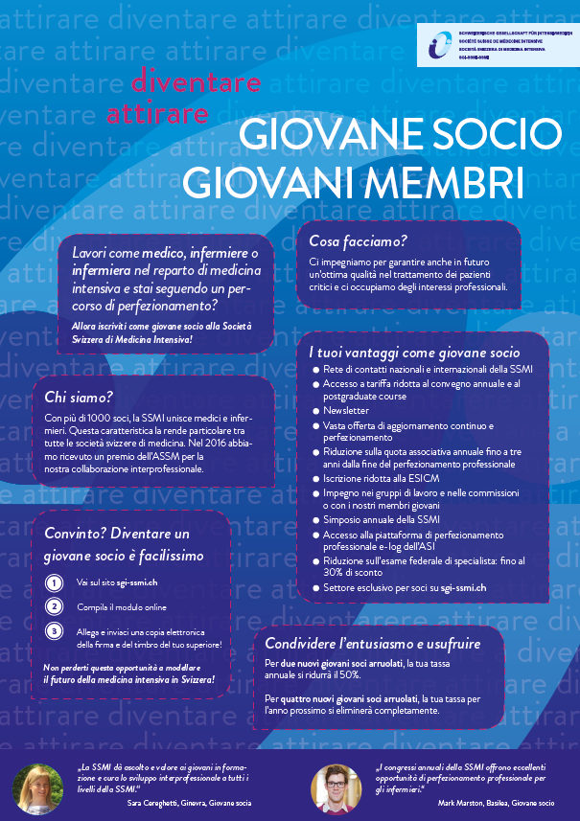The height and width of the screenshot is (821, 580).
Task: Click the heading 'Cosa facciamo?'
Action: (x=358, y=240)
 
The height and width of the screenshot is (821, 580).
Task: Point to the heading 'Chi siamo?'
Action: (x=79, y=397)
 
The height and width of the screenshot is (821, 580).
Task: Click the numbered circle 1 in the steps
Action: (x=56, y=582)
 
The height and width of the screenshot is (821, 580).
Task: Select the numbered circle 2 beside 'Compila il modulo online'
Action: (x=56, y=606)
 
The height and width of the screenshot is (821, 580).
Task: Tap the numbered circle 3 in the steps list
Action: (x=56, y=630)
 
